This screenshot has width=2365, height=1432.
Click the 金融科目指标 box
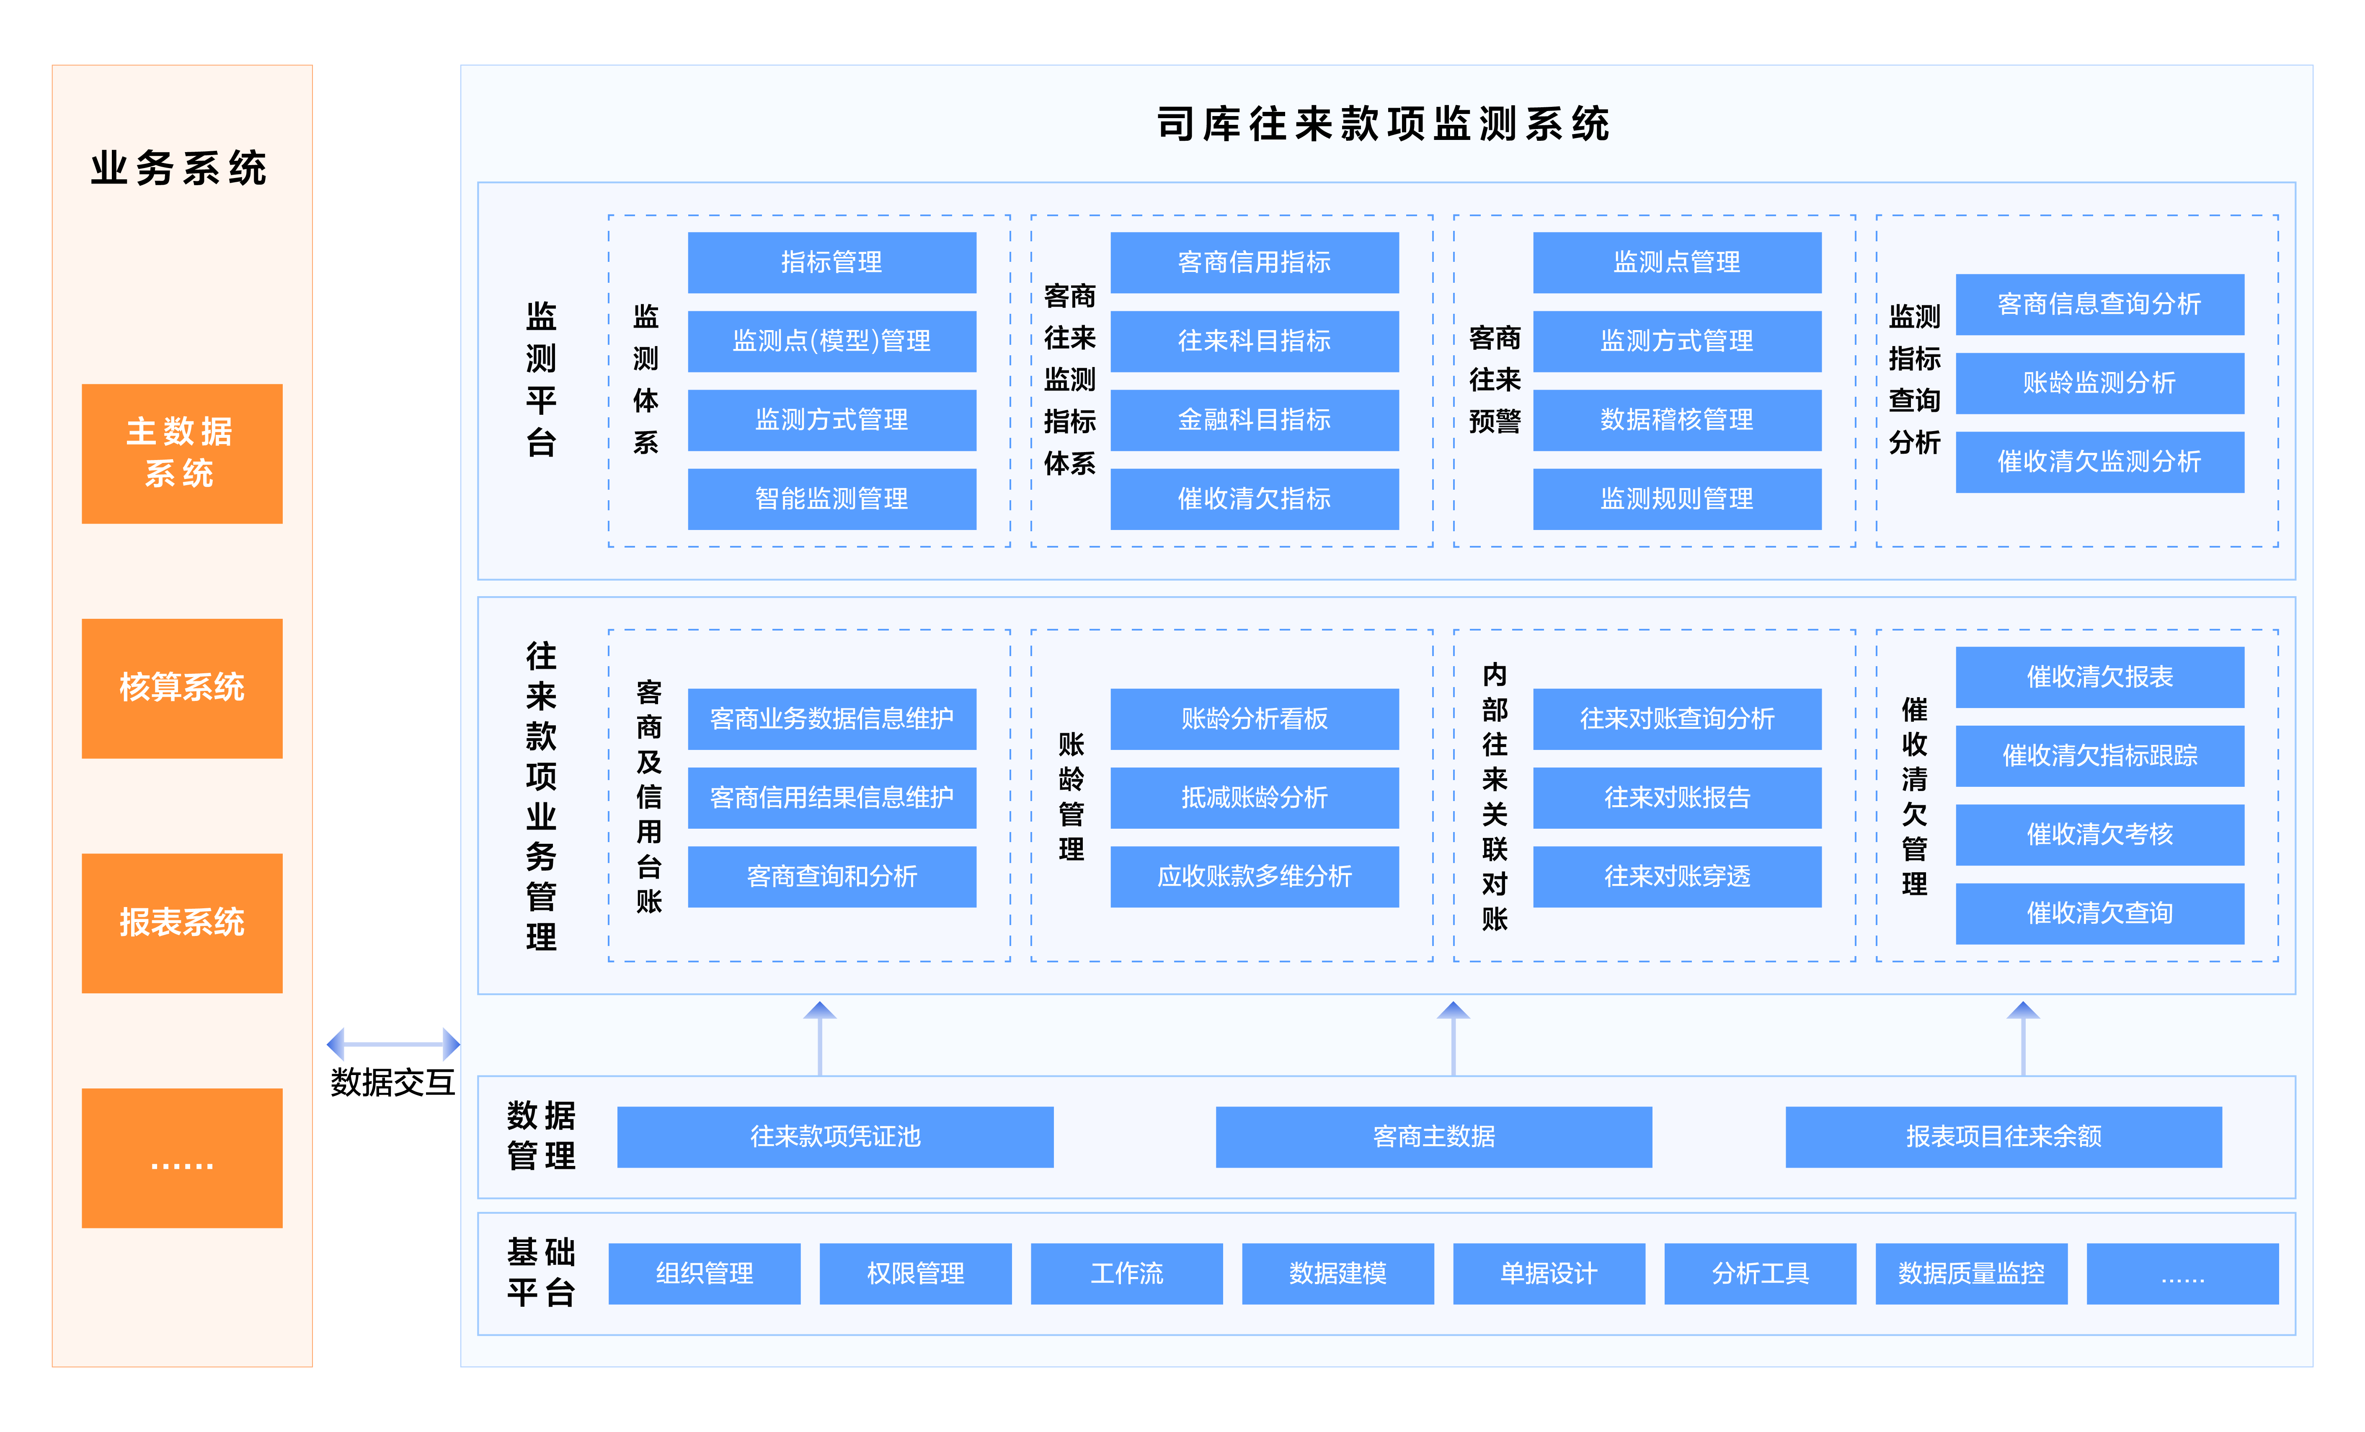1255,419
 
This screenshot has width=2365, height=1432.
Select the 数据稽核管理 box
1677,419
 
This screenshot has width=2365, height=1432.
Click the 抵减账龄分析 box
1255,798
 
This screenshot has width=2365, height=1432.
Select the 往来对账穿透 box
1677,876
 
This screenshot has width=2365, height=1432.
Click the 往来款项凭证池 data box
835,1136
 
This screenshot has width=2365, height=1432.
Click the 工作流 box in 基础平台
1127,1274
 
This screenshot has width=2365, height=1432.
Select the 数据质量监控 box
1972,1274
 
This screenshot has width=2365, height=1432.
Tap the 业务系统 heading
179,169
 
